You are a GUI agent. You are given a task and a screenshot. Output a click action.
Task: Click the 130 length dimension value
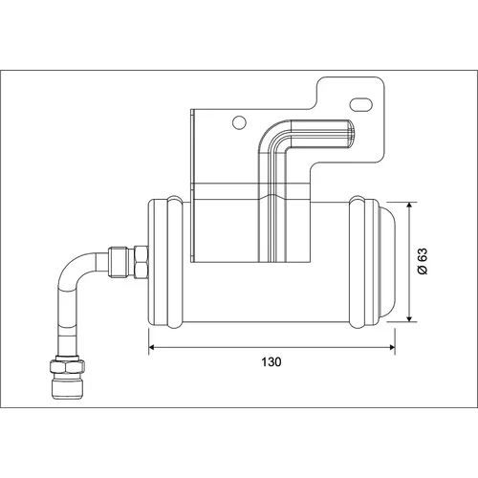272,362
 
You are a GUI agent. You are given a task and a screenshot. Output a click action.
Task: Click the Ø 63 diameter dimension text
423,261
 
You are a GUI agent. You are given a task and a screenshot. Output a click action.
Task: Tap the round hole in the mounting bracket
239,122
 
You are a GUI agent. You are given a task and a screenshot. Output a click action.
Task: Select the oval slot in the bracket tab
361,104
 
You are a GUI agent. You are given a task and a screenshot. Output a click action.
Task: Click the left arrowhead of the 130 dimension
152,347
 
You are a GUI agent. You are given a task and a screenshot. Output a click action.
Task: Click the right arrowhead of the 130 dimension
392,347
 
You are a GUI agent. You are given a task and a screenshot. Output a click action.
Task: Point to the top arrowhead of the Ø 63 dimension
410,205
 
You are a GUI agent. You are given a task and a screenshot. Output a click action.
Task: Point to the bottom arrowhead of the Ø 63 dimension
410,318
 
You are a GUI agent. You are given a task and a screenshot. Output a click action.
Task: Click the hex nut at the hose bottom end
68,366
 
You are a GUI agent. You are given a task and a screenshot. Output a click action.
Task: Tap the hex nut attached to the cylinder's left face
141,261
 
